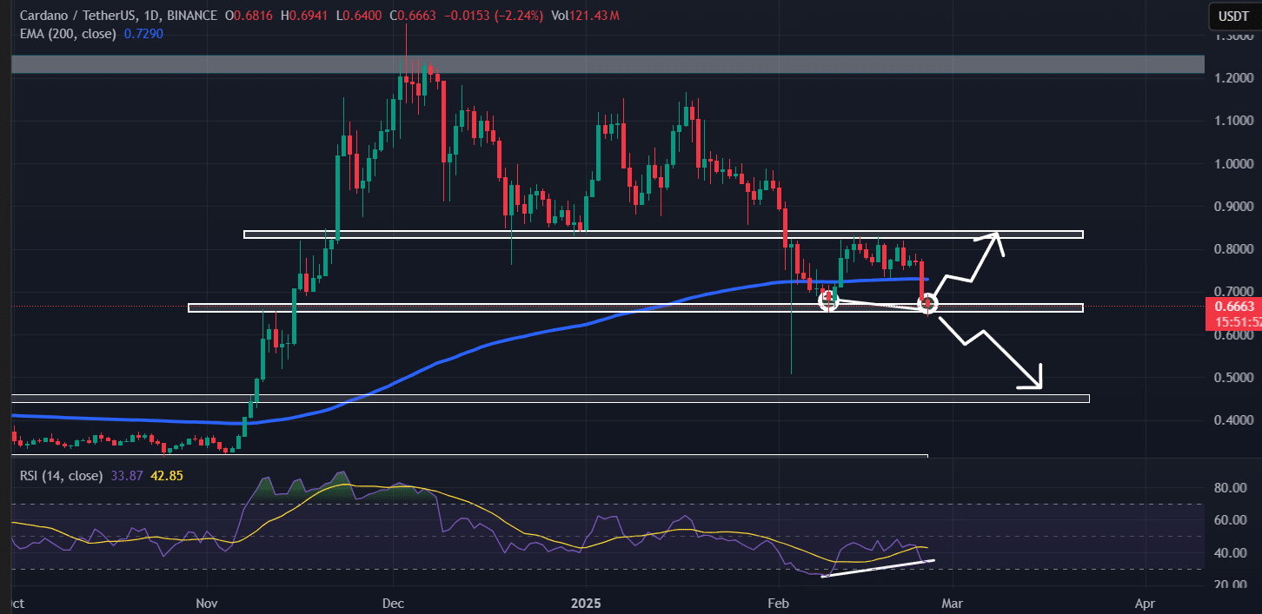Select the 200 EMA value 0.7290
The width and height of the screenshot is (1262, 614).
[144, 33]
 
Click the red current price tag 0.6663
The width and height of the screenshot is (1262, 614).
[1233, 306]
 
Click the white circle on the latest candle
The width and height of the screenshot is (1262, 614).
[928, 303]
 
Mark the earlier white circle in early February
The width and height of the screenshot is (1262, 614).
[828, 300]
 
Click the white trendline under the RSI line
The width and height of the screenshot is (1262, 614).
[878, 568]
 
